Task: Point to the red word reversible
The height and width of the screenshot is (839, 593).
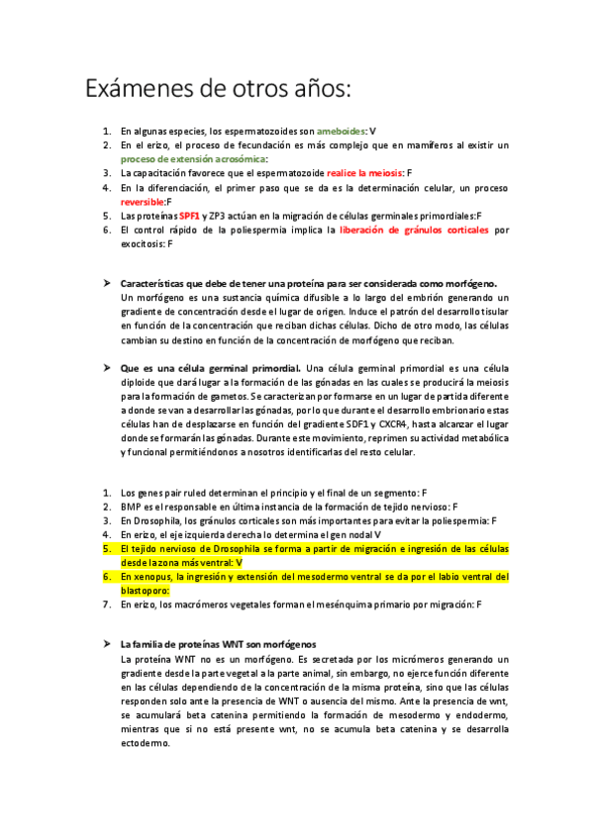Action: pos(143,201)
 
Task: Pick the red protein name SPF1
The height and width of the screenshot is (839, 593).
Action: pos(190,215)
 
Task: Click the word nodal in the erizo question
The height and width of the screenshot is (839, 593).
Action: pos(352,533)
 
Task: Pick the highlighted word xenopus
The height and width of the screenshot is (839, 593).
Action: pos(153,576)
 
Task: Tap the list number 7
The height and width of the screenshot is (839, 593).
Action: pos(107,604)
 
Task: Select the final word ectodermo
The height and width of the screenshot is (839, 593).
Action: pos(145,744)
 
